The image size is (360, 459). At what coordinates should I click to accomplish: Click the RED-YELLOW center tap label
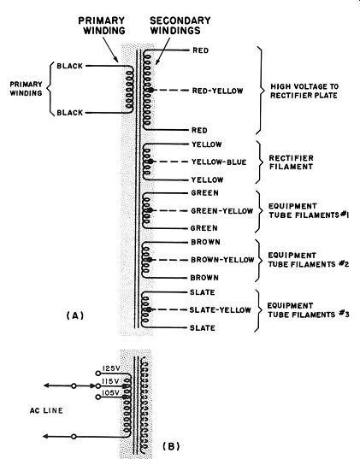click(x=218, y=91)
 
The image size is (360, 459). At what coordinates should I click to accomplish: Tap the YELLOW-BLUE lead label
click(x=219, y=162)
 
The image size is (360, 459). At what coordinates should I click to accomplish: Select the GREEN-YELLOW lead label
click(x=221, y=211)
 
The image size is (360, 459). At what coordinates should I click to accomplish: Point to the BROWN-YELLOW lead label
click(x=222, y=260)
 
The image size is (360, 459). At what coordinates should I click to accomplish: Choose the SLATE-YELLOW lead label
click(x=220, y=309)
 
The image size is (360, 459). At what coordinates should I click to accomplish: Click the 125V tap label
click(x=111, y=368)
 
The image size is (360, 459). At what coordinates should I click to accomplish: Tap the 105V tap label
click(x=110, y=392)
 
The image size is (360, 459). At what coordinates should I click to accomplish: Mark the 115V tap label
click(x=110, y=381)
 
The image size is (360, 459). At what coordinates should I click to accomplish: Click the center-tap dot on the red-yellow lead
click(x=150, y=90)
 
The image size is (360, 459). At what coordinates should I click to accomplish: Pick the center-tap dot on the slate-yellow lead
click(x=149, y=309)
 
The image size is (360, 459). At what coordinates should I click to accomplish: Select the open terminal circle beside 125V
click(x=98, y=374)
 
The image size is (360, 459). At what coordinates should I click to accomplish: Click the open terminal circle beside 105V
click(x=98, y=397)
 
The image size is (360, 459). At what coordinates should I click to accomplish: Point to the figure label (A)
click(x=75, y=315)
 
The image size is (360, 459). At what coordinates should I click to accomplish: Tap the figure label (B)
click(x=171, y=446)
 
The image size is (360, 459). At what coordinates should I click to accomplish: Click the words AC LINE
click(x=46, y=410)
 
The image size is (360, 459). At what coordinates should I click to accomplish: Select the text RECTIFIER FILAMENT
click(x=291, y=162)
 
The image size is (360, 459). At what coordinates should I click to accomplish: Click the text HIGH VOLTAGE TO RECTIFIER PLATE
click(x=304, y=91)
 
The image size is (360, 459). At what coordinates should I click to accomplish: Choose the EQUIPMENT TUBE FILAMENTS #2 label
click(x=309, y=259)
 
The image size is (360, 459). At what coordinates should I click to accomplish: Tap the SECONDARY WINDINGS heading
click(x=180, y=25)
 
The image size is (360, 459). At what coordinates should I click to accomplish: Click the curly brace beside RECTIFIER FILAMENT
click(x=258, y=162)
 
